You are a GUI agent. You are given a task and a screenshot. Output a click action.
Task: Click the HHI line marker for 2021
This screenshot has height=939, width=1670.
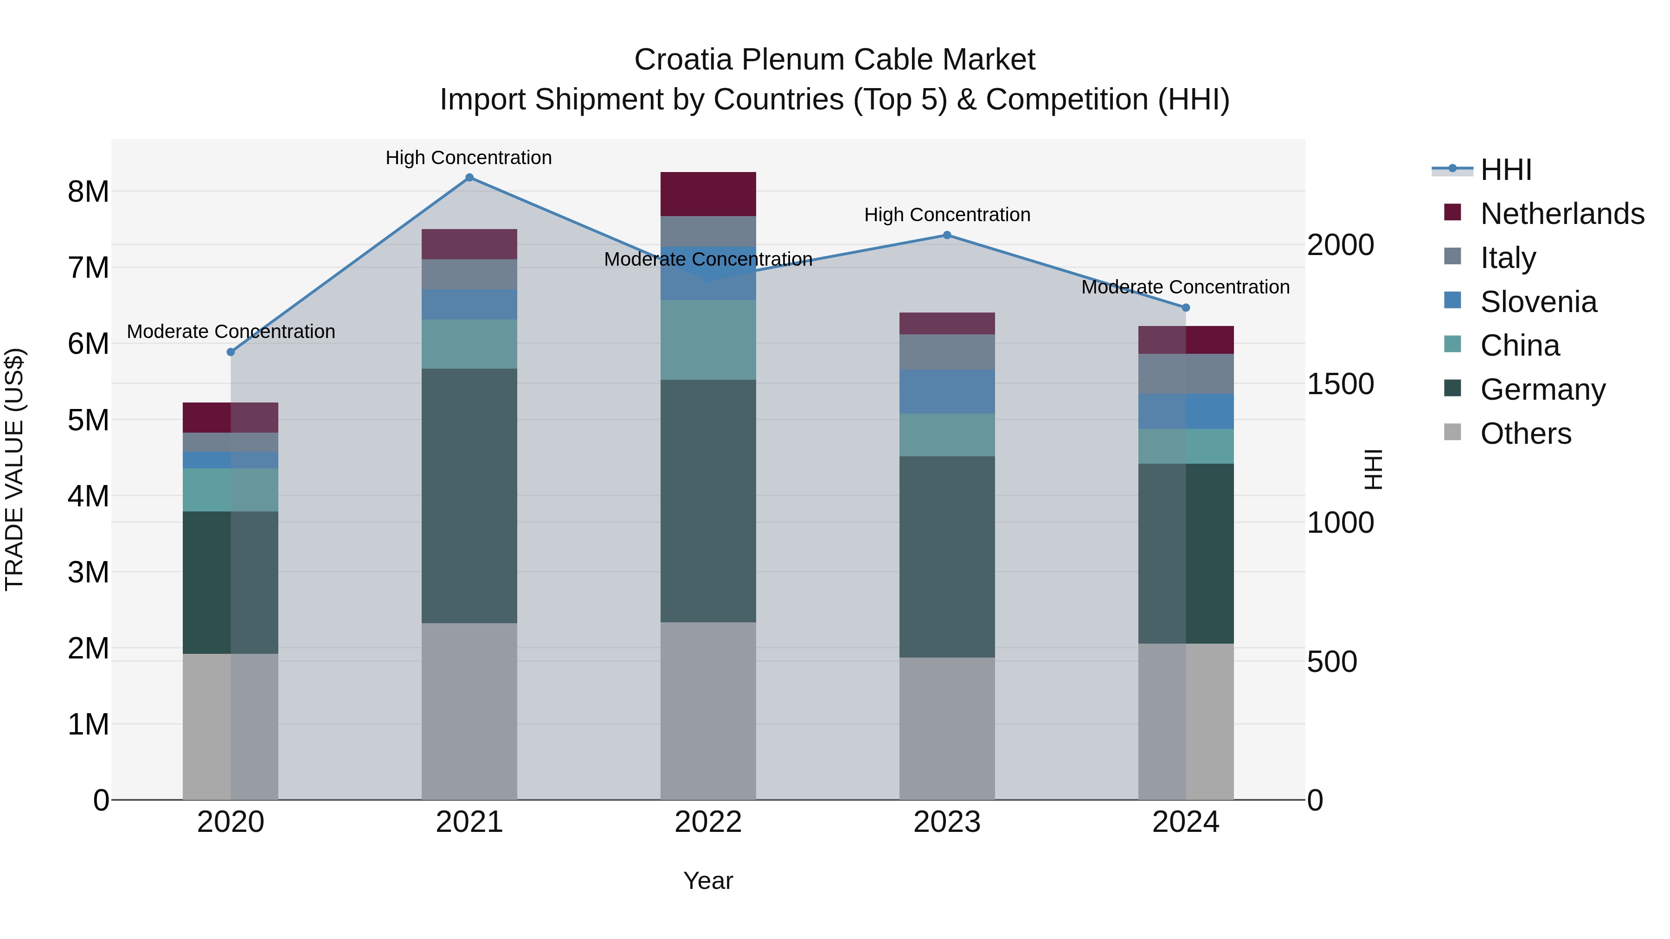pos(469,178)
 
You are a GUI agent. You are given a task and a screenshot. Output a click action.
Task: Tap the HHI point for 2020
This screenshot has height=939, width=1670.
pos(231,352)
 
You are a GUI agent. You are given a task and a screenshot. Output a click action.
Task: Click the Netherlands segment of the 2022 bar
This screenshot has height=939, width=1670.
pos(708,194)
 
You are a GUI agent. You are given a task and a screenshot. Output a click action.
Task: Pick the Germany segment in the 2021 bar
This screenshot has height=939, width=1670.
pos(469,496)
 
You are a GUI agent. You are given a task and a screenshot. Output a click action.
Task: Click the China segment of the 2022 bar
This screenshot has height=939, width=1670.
pos(708,339)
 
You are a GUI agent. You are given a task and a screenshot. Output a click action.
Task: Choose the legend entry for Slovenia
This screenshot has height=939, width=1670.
pos(1538,302)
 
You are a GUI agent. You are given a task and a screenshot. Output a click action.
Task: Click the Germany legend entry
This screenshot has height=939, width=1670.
pos(1542,390)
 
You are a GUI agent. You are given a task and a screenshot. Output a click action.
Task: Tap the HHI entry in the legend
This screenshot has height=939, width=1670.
pos(1505,170)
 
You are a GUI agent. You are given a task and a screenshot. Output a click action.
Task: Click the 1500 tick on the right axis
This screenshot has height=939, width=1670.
pos(1340,384)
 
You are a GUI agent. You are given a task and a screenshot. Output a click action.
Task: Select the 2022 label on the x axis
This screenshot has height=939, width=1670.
pos(708,822)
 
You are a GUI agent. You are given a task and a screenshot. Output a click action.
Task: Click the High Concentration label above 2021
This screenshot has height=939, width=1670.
pos(468,158)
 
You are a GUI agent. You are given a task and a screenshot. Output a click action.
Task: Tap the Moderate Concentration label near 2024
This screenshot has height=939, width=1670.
pos(1185,287)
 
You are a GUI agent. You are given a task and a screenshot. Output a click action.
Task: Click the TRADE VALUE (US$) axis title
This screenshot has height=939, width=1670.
pos(14,469)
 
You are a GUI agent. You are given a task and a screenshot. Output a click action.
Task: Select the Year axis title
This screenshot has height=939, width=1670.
pos(708,881)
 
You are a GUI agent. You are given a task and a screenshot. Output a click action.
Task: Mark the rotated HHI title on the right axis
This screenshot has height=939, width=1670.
pos(1373,469)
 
